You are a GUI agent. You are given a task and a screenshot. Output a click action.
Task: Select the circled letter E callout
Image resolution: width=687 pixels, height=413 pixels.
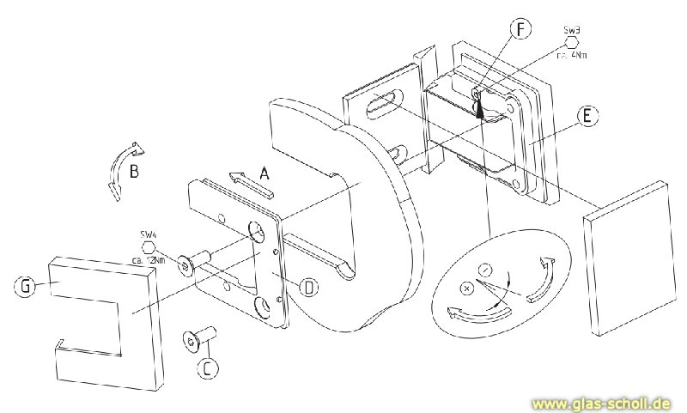585,117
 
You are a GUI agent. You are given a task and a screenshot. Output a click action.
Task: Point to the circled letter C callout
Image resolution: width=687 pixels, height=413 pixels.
207,369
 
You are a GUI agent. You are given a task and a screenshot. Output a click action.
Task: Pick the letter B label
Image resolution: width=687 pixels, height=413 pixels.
134,171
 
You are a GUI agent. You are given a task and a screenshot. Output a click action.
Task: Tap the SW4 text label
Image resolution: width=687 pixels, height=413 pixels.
148,234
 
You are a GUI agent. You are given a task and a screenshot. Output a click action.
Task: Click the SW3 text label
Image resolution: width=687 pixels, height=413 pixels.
572,30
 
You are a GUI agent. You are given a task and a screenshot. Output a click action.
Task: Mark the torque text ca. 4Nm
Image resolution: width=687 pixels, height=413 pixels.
572,55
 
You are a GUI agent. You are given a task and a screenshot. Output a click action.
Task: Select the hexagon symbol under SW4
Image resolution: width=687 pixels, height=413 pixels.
148,246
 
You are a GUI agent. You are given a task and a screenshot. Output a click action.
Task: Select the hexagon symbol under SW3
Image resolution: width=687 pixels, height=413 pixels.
572,42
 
